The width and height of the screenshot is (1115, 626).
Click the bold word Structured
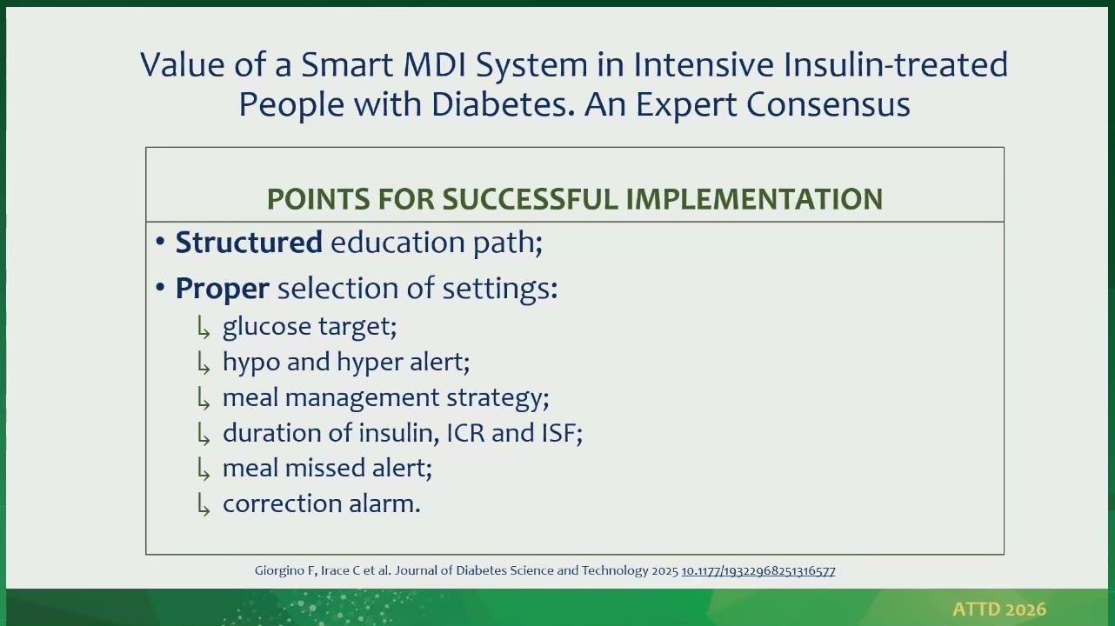(249, 243)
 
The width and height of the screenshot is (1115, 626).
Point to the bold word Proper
(222, 289)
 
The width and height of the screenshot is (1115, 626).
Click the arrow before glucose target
(204, 328)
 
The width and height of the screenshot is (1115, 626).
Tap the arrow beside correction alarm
(204, 504)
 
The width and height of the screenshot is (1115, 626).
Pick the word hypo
(250, 363)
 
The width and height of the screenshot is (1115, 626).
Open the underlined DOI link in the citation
(758, 570)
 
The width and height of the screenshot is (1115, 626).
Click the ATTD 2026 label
(999, 609)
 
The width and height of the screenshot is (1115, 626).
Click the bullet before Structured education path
(160, 243)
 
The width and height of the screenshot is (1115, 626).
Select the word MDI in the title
(435, 64)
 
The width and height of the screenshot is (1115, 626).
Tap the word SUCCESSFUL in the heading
(530, 199)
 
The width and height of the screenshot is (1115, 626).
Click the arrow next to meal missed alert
(204, 469)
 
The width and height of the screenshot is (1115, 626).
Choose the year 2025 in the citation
(664, 570)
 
